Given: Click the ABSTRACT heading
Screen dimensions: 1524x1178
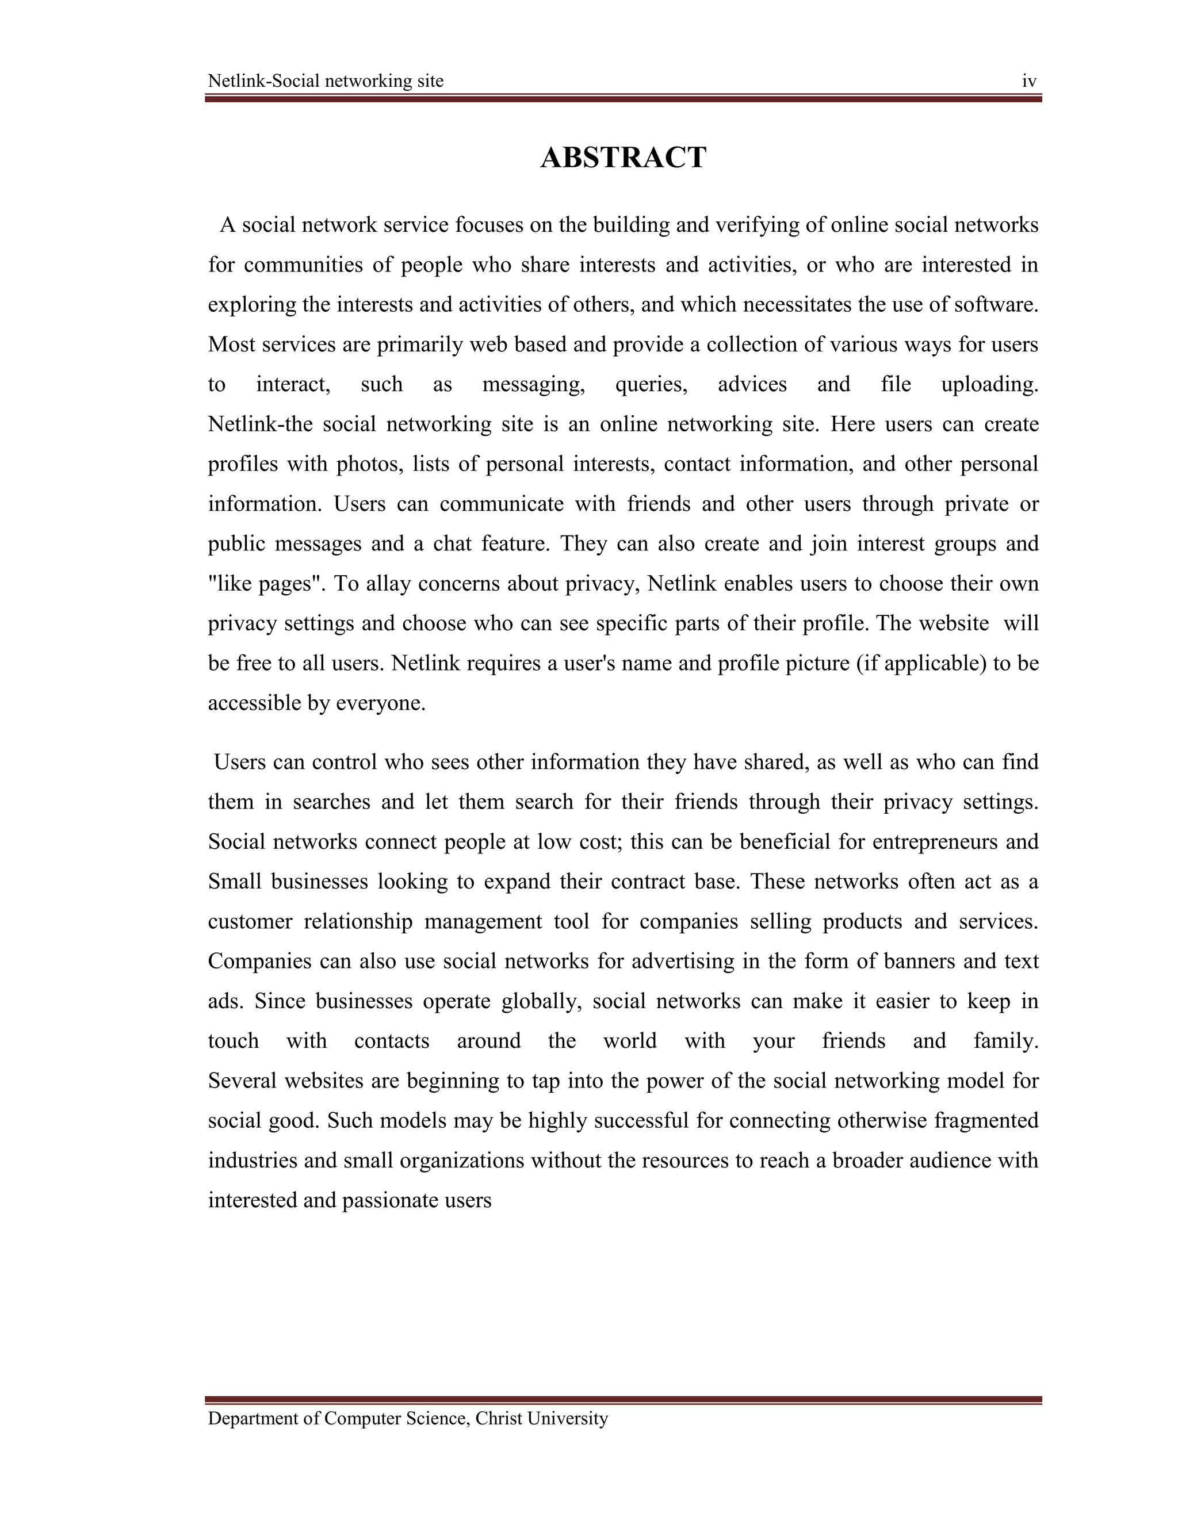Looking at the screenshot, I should [x=623, y=158].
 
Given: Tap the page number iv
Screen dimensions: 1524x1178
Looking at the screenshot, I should [x=1030, y=82].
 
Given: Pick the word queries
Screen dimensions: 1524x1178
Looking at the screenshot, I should [x=651, y=385].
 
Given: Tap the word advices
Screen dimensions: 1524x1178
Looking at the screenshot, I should [x=752, y=385].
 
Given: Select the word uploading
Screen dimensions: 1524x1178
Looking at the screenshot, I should [x=989, y=385].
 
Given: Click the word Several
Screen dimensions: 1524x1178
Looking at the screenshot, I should [x=243, y=1081].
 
